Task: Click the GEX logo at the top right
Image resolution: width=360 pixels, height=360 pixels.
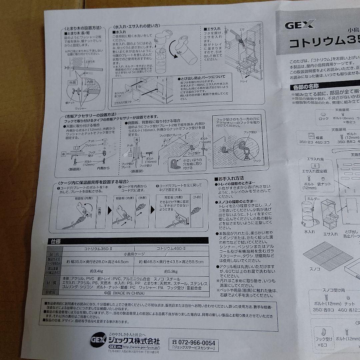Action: tap(299, 25)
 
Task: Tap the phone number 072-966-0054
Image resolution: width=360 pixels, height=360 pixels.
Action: tap(194, 343)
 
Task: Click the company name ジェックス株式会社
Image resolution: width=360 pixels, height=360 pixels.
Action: tap(134, 342)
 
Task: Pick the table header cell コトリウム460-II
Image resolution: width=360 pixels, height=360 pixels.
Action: tap(171, 249)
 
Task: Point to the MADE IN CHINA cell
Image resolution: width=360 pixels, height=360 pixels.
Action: tap(130, 293)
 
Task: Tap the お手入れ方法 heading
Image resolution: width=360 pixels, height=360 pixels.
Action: tap(231, 179)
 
